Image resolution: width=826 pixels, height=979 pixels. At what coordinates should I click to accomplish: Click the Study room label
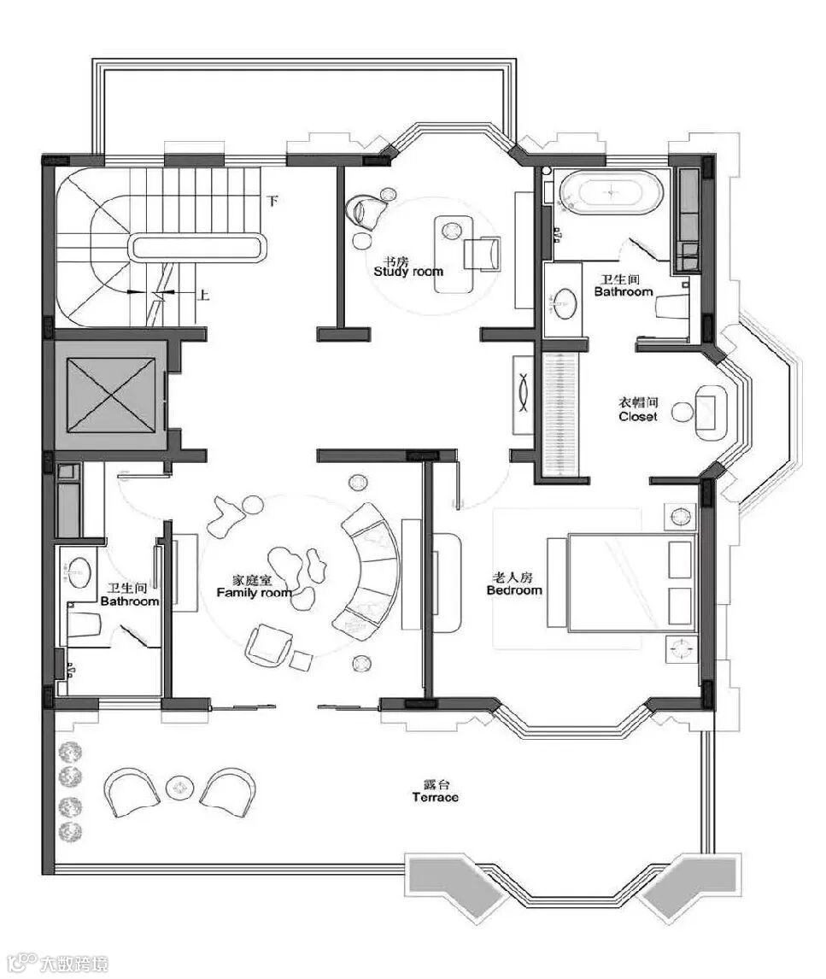[x=408, y=272]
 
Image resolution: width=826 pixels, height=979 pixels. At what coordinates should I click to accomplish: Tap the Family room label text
[x=254, y=593]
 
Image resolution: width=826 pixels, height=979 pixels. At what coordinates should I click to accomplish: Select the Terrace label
[x=435, y=797]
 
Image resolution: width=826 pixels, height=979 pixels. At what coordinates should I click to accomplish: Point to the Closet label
[x=638, y=416]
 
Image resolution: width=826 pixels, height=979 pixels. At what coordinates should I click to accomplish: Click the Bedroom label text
[x=514, y=590]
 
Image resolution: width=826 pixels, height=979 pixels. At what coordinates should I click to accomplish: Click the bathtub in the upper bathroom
[x=611, y=191]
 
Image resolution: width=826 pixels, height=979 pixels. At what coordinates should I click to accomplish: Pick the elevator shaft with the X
[x=110, y=395]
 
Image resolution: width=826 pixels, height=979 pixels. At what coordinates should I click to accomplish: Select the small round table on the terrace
[x=180, y=788]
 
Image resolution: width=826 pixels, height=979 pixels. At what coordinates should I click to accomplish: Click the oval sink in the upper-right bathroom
[x=565, y=302]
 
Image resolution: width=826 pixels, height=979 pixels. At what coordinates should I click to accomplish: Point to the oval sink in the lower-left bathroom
[x=80, y=572]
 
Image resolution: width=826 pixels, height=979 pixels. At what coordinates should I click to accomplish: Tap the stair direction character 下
[x=272, y=201]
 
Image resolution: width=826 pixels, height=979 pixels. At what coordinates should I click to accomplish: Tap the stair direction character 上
[x=203, y=294]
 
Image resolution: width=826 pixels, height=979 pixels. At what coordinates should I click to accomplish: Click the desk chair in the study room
[x=483, y=255]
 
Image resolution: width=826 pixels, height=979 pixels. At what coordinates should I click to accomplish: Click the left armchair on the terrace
[x=130, y=791]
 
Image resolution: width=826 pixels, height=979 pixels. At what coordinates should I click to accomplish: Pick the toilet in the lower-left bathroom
[x=85, y=624]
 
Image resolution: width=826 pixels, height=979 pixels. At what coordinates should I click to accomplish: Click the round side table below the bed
[x=680, y=649]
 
